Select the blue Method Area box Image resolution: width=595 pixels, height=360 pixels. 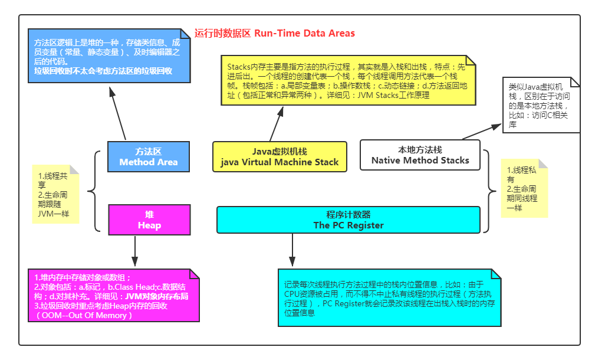(149, 156)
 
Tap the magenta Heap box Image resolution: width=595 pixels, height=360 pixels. (149, 220)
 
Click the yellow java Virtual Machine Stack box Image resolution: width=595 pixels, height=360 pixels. (280, 156)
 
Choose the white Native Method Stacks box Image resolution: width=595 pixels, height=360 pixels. (420, 155)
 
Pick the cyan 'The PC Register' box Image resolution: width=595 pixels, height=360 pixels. (348, 220)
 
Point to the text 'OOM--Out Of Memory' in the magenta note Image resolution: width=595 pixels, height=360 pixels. (87, 315)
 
